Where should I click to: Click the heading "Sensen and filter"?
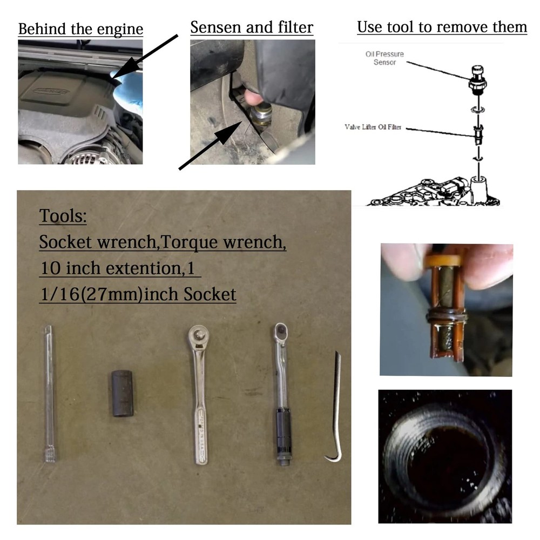(x=252, y=28)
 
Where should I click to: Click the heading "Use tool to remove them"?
(x=442, y=26)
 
